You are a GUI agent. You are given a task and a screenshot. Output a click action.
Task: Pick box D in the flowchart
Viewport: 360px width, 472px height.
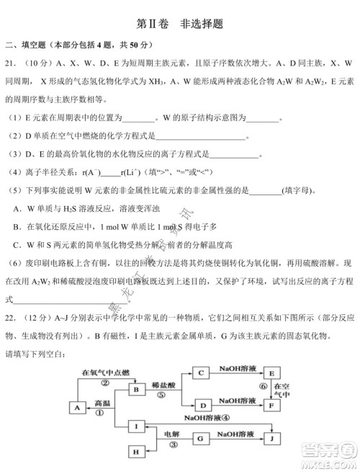202,405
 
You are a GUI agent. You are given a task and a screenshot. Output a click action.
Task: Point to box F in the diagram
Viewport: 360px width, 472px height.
273,405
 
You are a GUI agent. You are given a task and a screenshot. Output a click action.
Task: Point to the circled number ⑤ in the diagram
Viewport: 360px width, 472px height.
162,395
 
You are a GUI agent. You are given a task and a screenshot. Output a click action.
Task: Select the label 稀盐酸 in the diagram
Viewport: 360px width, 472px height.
163,383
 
